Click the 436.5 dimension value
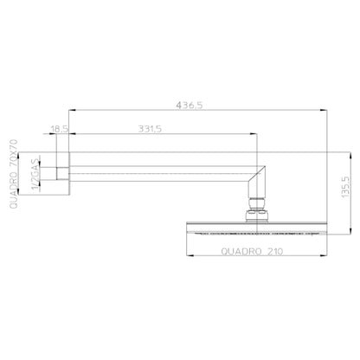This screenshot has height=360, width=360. pos(190,106)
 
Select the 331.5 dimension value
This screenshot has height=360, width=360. pos(150,129)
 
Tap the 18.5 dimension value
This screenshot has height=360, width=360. pos(59,129)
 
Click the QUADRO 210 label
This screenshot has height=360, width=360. pos(252,252)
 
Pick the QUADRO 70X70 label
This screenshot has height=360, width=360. pos(14,174)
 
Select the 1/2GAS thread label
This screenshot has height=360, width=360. pos(35,174)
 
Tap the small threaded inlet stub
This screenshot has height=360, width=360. pos(62,174)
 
